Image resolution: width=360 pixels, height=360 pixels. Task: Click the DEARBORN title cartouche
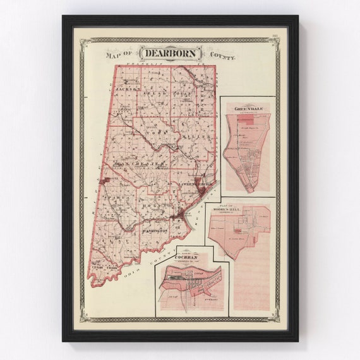pos(171,53)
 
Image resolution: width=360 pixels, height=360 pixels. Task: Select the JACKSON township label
pos(127,90)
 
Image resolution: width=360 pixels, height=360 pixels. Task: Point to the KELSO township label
pos(155,93)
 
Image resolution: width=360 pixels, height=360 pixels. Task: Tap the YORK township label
pos(155,131)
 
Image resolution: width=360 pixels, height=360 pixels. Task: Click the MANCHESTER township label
pos(140,164)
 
